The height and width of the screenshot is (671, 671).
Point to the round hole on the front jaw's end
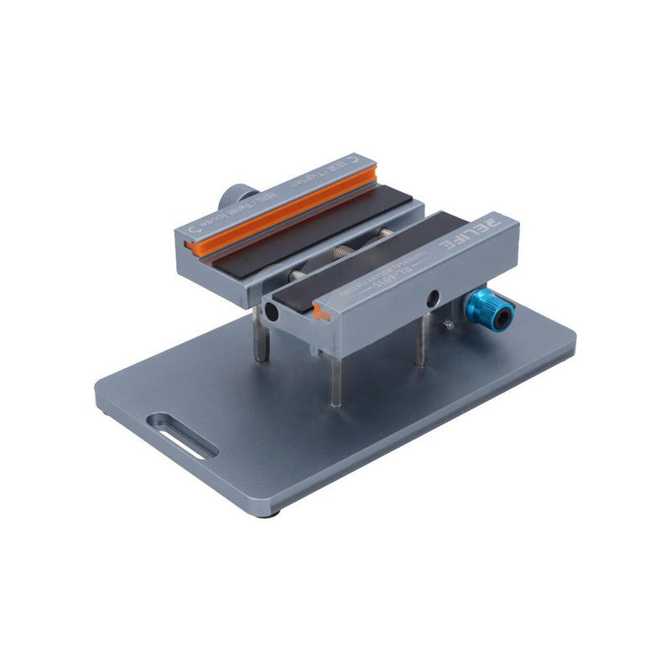(272, 312)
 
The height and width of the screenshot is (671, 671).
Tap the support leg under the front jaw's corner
(335, 377)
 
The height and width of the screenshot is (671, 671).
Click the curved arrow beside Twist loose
(195, 227)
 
